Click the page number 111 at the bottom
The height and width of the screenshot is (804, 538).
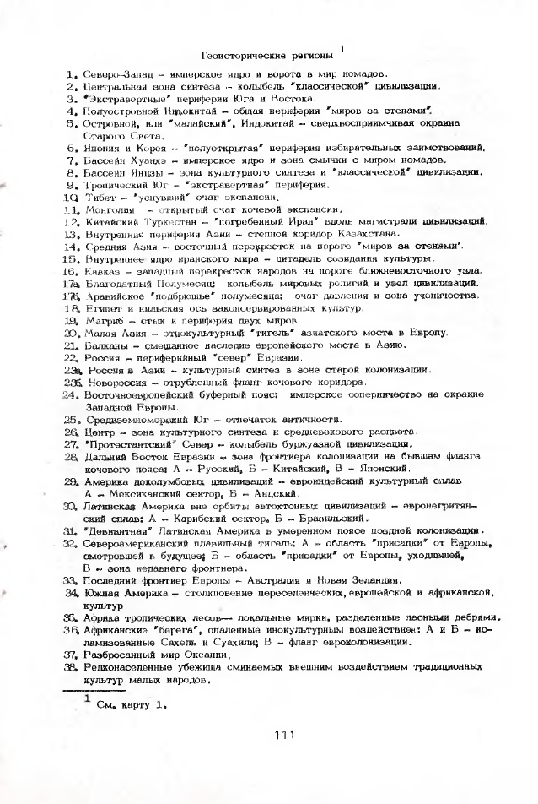282,734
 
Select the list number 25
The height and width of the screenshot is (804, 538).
71,419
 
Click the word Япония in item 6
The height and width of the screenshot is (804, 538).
103,147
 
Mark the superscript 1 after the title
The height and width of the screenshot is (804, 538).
342,48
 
